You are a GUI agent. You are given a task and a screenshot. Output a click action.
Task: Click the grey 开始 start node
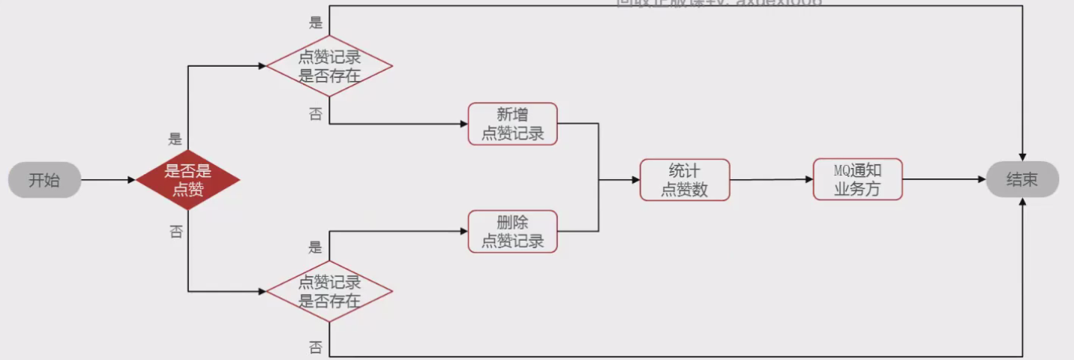[x=44, y=180]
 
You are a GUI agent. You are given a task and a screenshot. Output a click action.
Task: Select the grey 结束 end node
[x=1021, y=180]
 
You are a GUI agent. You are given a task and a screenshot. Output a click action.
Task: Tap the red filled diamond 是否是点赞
[x=187, y=180]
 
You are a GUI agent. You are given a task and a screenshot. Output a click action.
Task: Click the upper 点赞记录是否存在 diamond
[x=329, y=66]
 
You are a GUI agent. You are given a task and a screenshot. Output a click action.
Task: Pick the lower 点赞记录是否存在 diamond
[x=329, y=291]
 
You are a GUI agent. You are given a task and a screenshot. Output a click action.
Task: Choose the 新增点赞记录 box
[x=513, y=124]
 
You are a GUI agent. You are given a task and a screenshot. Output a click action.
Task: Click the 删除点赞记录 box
[x=513, y=231]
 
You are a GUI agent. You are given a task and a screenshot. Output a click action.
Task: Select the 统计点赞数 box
[x=684, y=180]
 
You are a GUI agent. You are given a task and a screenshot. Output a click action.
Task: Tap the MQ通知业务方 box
[x=857, y=179]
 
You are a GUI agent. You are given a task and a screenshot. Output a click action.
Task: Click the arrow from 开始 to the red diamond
[x=108, y=180]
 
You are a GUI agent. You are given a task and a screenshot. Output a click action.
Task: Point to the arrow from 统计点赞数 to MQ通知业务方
[x=771, y=180]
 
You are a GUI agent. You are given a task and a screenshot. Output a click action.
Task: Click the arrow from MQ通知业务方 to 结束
[x=943, y=180]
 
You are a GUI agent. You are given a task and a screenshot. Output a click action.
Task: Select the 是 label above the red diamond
[x=175, y=139]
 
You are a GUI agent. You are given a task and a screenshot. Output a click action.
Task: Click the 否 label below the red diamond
[x=176, y=232]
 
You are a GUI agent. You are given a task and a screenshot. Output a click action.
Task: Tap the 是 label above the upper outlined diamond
[x=316, y=22]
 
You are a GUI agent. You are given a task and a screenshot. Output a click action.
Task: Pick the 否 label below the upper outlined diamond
[x=316, y=113]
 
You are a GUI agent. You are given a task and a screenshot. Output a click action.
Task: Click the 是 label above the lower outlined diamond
[x=316, y=247]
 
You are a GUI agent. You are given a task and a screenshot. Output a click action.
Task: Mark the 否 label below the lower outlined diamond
[x=316, y=347]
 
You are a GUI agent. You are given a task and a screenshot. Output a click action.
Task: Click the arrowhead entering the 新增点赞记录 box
[x=463, y=124]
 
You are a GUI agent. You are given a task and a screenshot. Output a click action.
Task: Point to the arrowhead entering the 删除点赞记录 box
[x=463, y=231]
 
